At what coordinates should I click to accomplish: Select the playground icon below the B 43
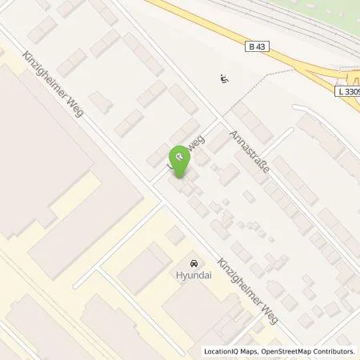point(223,78)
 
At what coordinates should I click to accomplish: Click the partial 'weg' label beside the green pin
point(198,142)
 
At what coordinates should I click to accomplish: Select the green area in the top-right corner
point(336,24)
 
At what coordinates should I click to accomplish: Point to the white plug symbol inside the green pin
point(181,157)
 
